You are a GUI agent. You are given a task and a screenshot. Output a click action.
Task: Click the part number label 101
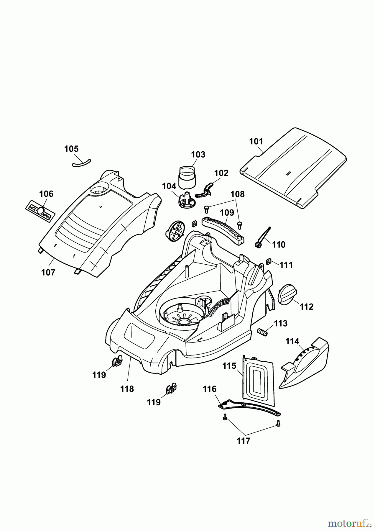(x=256, y=141)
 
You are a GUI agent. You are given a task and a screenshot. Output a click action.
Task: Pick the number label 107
(x=48, y=272)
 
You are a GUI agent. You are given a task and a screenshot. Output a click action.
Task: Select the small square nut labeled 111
(x=269, y=261)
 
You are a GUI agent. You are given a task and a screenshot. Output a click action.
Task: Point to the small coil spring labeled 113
(x=262, y=332)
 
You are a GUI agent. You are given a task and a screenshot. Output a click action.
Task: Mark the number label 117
(x=244, y=441)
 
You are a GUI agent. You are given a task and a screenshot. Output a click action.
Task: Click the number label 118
(x=127, y=389)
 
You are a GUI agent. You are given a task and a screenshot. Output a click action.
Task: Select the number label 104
(x=169, y=186)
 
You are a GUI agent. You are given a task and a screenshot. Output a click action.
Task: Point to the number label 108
(x=237, y=194)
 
